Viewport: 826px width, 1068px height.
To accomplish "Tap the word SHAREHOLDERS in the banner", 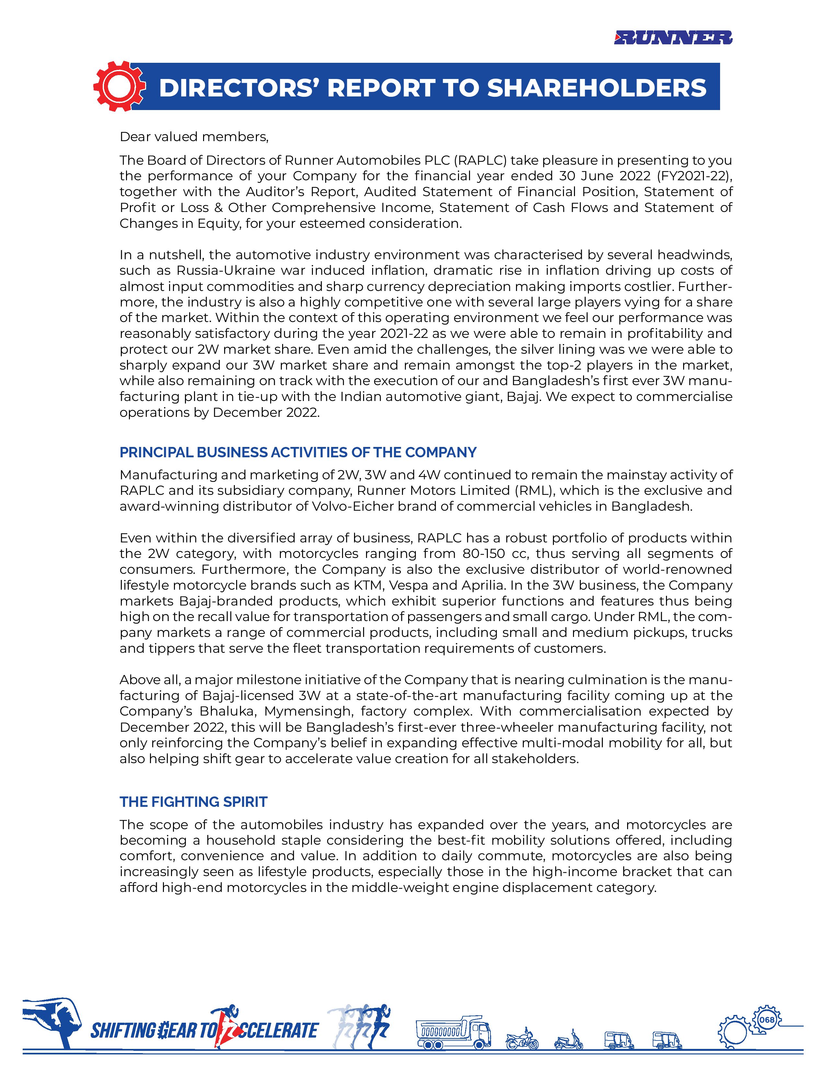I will [596, 88].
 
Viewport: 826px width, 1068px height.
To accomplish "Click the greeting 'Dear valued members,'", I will [194, 137].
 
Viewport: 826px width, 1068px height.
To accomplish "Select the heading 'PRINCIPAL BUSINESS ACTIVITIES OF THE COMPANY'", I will [298, 452].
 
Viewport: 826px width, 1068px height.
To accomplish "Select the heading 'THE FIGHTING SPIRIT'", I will [193, 802].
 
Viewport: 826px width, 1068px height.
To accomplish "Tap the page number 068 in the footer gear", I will [767, 1019].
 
